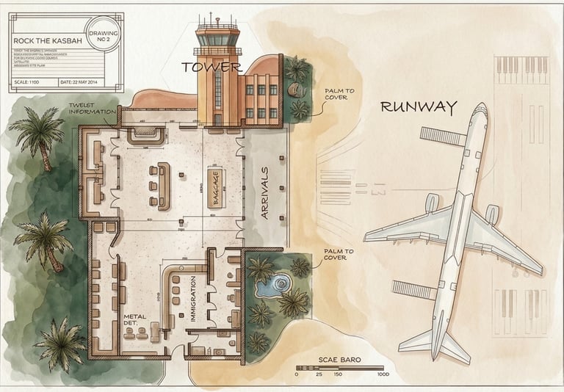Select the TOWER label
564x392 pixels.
pos(211,67)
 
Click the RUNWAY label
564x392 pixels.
pos(418,107)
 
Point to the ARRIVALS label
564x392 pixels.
pos(264,192)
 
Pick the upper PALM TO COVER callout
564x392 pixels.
pos(339,95)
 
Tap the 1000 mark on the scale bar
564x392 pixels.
pos(382,374)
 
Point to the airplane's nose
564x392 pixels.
pos(480,110)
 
